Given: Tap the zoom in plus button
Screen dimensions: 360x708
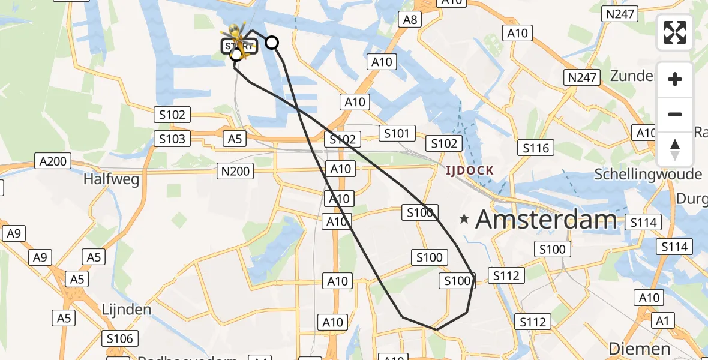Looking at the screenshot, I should (x=675, y=79).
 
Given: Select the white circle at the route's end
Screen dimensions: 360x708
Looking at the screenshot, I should (x=272, y=43).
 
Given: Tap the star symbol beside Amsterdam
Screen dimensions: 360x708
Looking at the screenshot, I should (x=464, y=220).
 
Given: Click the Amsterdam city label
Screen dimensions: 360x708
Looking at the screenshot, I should (x=546, y=220).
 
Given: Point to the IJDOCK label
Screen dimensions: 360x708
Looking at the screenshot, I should (x=469, y=171).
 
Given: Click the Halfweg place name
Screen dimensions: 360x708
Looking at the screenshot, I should (x=112, y=179).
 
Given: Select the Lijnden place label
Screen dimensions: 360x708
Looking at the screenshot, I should (x=127, y=310).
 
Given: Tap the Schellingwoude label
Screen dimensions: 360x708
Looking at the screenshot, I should (x=647, y=174).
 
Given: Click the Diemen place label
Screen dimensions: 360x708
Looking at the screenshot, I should (x=639, y=349).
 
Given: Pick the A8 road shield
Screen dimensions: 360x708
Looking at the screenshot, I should (x=410, y=20).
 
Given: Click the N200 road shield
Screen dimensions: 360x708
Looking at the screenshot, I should (x=235, y=172).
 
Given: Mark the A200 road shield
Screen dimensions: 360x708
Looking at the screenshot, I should (x=53, y=161).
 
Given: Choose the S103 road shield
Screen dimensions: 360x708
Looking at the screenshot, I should (x=172, y=139).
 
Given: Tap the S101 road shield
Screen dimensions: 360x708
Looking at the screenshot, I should (x=396, y=133).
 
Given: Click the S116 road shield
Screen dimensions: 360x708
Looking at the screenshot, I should (x=536, y=148).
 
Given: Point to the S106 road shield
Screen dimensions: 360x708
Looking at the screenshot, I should (x=119, y=338).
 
